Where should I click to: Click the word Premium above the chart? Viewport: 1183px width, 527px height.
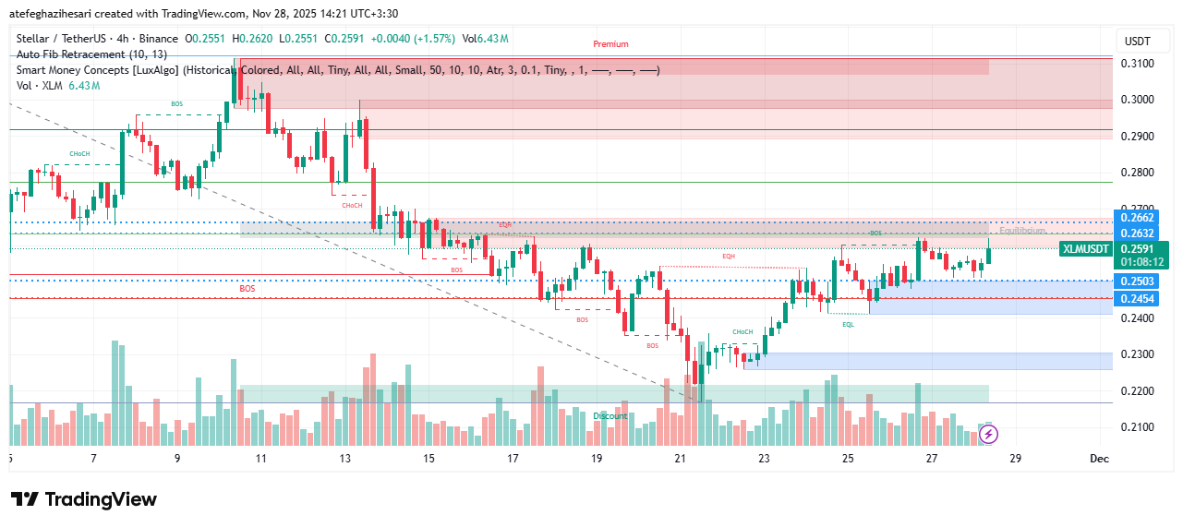[610, 44]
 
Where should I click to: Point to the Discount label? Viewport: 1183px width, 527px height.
[610, 416]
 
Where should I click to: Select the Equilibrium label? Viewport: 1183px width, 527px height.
[1022, 231]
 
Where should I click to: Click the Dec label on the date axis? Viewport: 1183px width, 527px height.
[1098, 459]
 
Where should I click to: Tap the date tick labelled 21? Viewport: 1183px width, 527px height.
[681, 459]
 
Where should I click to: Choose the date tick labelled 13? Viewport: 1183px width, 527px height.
[345, 459]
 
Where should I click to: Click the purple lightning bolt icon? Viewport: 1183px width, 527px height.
[988, 432]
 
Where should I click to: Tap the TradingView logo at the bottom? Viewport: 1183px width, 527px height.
[84, 499]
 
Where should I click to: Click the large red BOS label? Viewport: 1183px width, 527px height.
[247, 289]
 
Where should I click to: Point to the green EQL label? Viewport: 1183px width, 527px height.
[848, 324]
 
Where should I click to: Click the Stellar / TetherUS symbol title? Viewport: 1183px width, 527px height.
[62, 39]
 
